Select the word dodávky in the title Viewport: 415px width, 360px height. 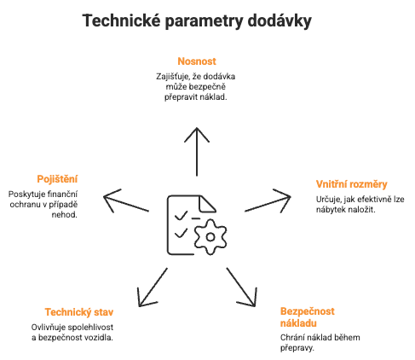point(276,20)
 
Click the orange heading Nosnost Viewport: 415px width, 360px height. point(197,61)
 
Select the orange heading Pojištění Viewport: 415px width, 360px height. point(58,178)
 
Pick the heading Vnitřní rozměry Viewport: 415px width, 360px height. point(351,183)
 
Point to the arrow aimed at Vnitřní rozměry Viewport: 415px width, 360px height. point(273,205)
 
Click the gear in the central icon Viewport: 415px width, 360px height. point(210,235)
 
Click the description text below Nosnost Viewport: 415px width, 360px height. point(197,86)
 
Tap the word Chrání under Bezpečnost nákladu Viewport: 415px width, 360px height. point(293,338)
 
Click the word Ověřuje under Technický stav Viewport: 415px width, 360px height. point(61,327)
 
